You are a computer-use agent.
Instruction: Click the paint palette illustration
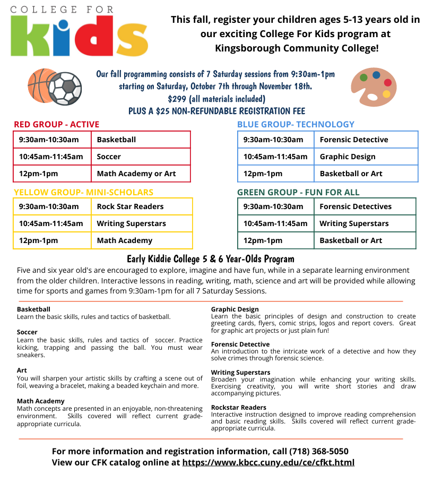pos(374,86)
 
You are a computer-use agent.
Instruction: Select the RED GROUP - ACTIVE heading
pos(56,124)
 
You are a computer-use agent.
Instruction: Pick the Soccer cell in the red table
pos(109,157)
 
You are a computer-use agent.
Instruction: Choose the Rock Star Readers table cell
pos(130,206)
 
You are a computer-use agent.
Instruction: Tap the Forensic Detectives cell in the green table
pos(356,206)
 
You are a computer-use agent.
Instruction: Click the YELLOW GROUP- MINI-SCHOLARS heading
pos(83,192)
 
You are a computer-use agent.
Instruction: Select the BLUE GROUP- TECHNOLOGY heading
pos(296,124)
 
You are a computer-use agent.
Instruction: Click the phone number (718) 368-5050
pos(319,451)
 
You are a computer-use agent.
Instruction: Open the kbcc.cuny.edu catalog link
pos(268,462)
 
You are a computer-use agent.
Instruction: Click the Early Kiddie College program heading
pos(210,259)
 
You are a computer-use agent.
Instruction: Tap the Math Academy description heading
pos(40,401)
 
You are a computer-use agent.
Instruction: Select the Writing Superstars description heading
pos(240,373)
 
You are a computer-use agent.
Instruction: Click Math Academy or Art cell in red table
pos(136,174)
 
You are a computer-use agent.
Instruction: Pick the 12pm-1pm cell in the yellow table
pos(38,240)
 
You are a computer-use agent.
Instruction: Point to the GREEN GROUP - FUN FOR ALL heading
pos(298,192)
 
